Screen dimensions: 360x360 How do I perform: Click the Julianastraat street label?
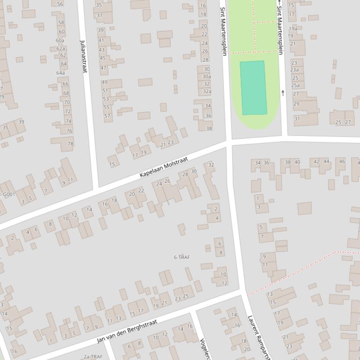[84, 56]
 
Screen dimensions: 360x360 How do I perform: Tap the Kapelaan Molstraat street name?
[164, 167]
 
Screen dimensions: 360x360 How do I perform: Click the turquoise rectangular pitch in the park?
[253, 87]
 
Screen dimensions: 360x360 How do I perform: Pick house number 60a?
[60, 40]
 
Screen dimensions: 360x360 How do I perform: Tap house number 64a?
[61, 73]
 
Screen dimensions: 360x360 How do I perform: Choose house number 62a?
[61, 49]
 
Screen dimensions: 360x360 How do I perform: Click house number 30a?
[207, 77]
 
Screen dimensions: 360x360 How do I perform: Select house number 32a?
[207, 92]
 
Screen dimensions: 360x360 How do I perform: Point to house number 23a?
[295, 70]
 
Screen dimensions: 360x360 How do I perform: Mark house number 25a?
[295, 86]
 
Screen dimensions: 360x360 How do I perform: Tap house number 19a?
[293, 29]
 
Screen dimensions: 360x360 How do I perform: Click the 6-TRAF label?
[182, 258]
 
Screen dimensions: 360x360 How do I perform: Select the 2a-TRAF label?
[93, 357]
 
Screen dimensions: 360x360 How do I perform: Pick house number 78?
[71, 144]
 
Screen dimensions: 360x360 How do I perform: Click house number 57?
[107, 116]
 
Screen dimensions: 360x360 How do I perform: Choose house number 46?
[342, 162]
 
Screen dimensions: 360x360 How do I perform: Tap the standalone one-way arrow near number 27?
[282, 93]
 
